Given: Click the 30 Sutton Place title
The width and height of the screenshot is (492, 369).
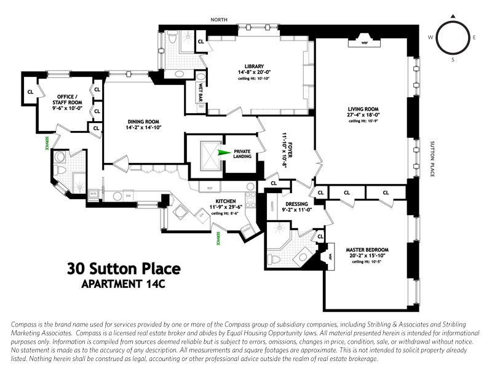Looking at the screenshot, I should click(x=123, y=269).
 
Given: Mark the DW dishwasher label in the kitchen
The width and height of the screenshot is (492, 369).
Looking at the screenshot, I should click(x=129, y=196).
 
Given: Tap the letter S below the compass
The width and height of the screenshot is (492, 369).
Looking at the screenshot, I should click(x=453, y=60).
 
